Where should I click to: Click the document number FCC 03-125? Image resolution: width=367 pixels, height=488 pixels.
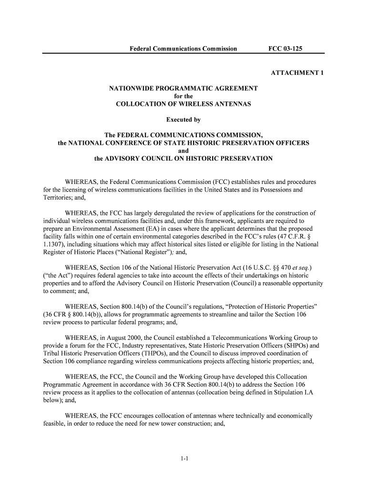tap(285, 49)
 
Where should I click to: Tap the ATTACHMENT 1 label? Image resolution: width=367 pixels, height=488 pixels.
tap(297, 73)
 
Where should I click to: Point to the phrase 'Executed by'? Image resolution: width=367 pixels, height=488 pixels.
tap(183, 120)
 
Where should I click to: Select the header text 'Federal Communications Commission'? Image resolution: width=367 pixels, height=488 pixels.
tap(183, 49)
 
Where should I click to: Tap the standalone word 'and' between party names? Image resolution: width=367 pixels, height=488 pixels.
tap(183, 151)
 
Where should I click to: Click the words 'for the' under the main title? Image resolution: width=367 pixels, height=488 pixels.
tap(183, 96)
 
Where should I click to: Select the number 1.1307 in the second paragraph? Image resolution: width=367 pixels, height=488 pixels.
tap(49, 245)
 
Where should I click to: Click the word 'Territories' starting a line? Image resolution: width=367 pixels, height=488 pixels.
tap(52, 198)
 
